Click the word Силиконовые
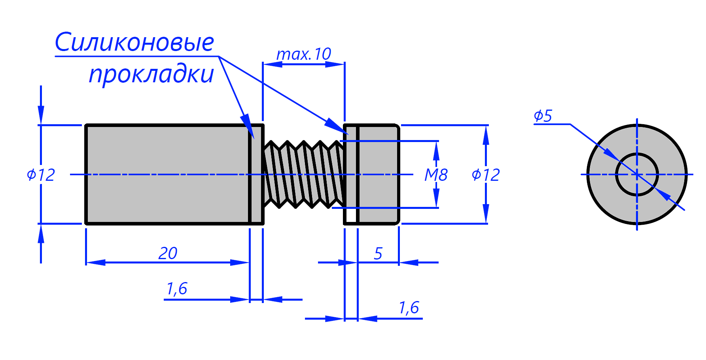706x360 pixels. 134,42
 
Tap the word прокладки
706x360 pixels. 151,74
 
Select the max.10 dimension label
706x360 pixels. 303,54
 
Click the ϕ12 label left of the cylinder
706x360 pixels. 41,174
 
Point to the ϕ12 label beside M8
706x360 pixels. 486,174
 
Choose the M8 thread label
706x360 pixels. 436,174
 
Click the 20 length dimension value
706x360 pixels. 168,253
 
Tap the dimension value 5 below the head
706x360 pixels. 378,254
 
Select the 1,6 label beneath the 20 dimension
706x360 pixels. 177,289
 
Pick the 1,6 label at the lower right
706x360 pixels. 409,307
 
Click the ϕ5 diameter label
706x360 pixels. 543,116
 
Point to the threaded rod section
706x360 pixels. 304,174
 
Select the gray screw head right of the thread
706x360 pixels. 378,174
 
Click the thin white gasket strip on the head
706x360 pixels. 350,174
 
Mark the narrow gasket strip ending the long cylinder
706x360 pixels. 257,174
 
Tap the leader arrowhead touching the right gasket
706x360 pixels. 337,126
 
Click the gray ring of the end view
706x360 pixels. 601,174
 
